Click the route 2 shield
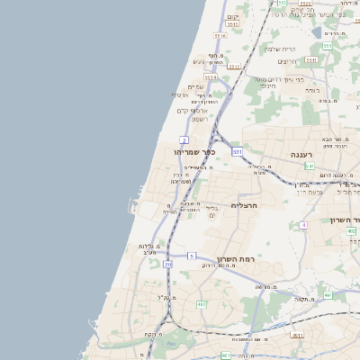184,140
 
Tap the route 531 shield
238,152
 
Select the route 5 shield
191,256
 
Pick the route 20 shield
168,265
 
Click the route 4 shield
304,224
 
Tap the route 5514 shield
211,78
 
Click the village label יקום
232,17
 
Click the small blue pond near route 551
316,32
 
